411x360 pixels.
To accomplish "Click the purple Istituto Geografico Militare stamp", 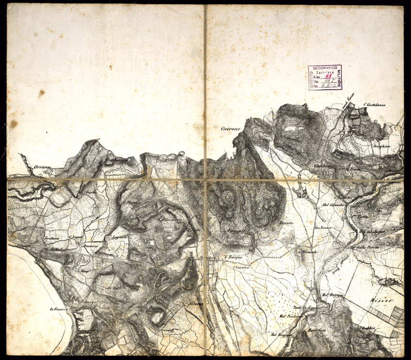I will [x=325, y=77].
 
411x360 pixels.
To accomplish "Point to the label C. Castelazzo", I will [x=375, y=105].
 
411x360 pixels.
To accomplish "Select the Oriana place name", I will [x=42, y=167].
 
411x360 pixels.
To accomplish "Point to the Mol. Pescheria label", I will [x=291, y=316].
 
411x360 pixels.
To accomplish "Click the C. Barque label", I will [x=232, y=256].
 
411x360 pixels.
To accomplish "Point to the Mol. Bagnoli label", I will [x=331, y=295].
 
